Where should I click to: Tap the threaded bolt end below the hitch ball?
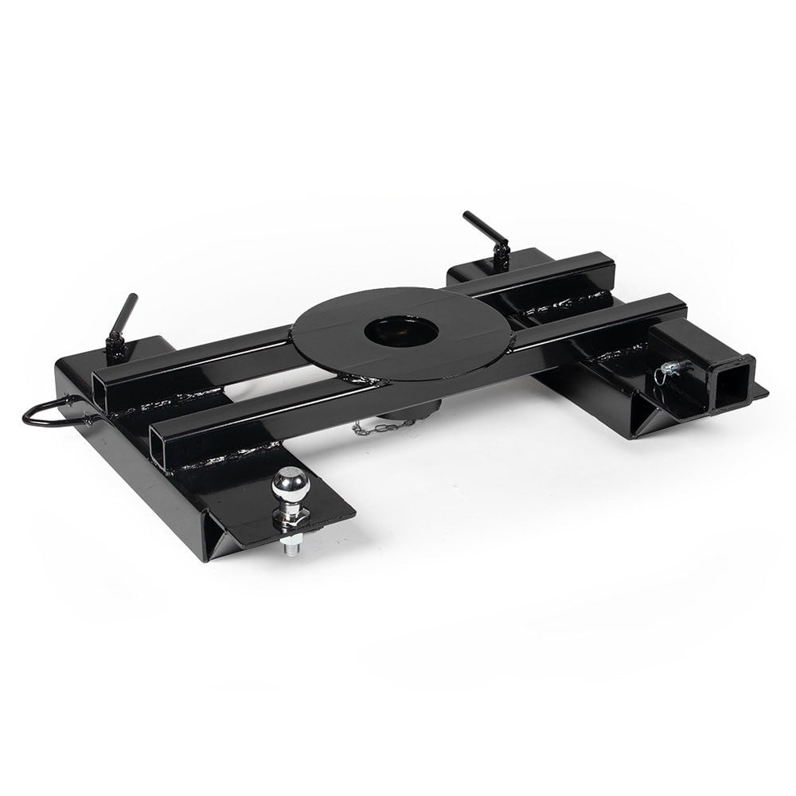pyautogui.click(x=291, y=547)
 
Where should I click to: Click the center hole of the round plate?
pyautogui.click(x=401, y=330)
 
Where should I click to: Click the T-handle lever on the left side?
pyautogui.click(x=124, y=314)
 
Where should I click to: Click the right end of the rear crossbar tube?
pyautogui.click(x=603, y=262)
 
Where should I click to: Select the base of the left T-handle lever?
pyautogui.click(x=116, y=349)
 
